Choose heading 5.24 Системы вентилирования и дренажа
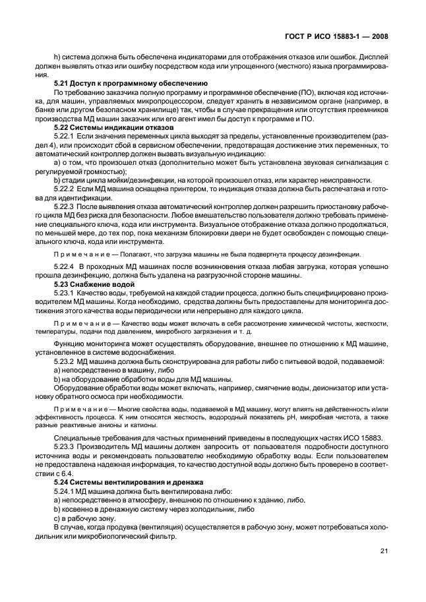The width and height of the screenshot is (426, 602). coord(126,482)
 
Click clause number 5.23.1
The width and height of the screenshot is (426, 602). coord(65,291)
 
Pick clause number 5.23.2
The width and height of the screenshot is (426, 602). coord(65,361)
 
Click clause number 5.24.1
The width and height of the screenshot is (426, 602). coord(65,490)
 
